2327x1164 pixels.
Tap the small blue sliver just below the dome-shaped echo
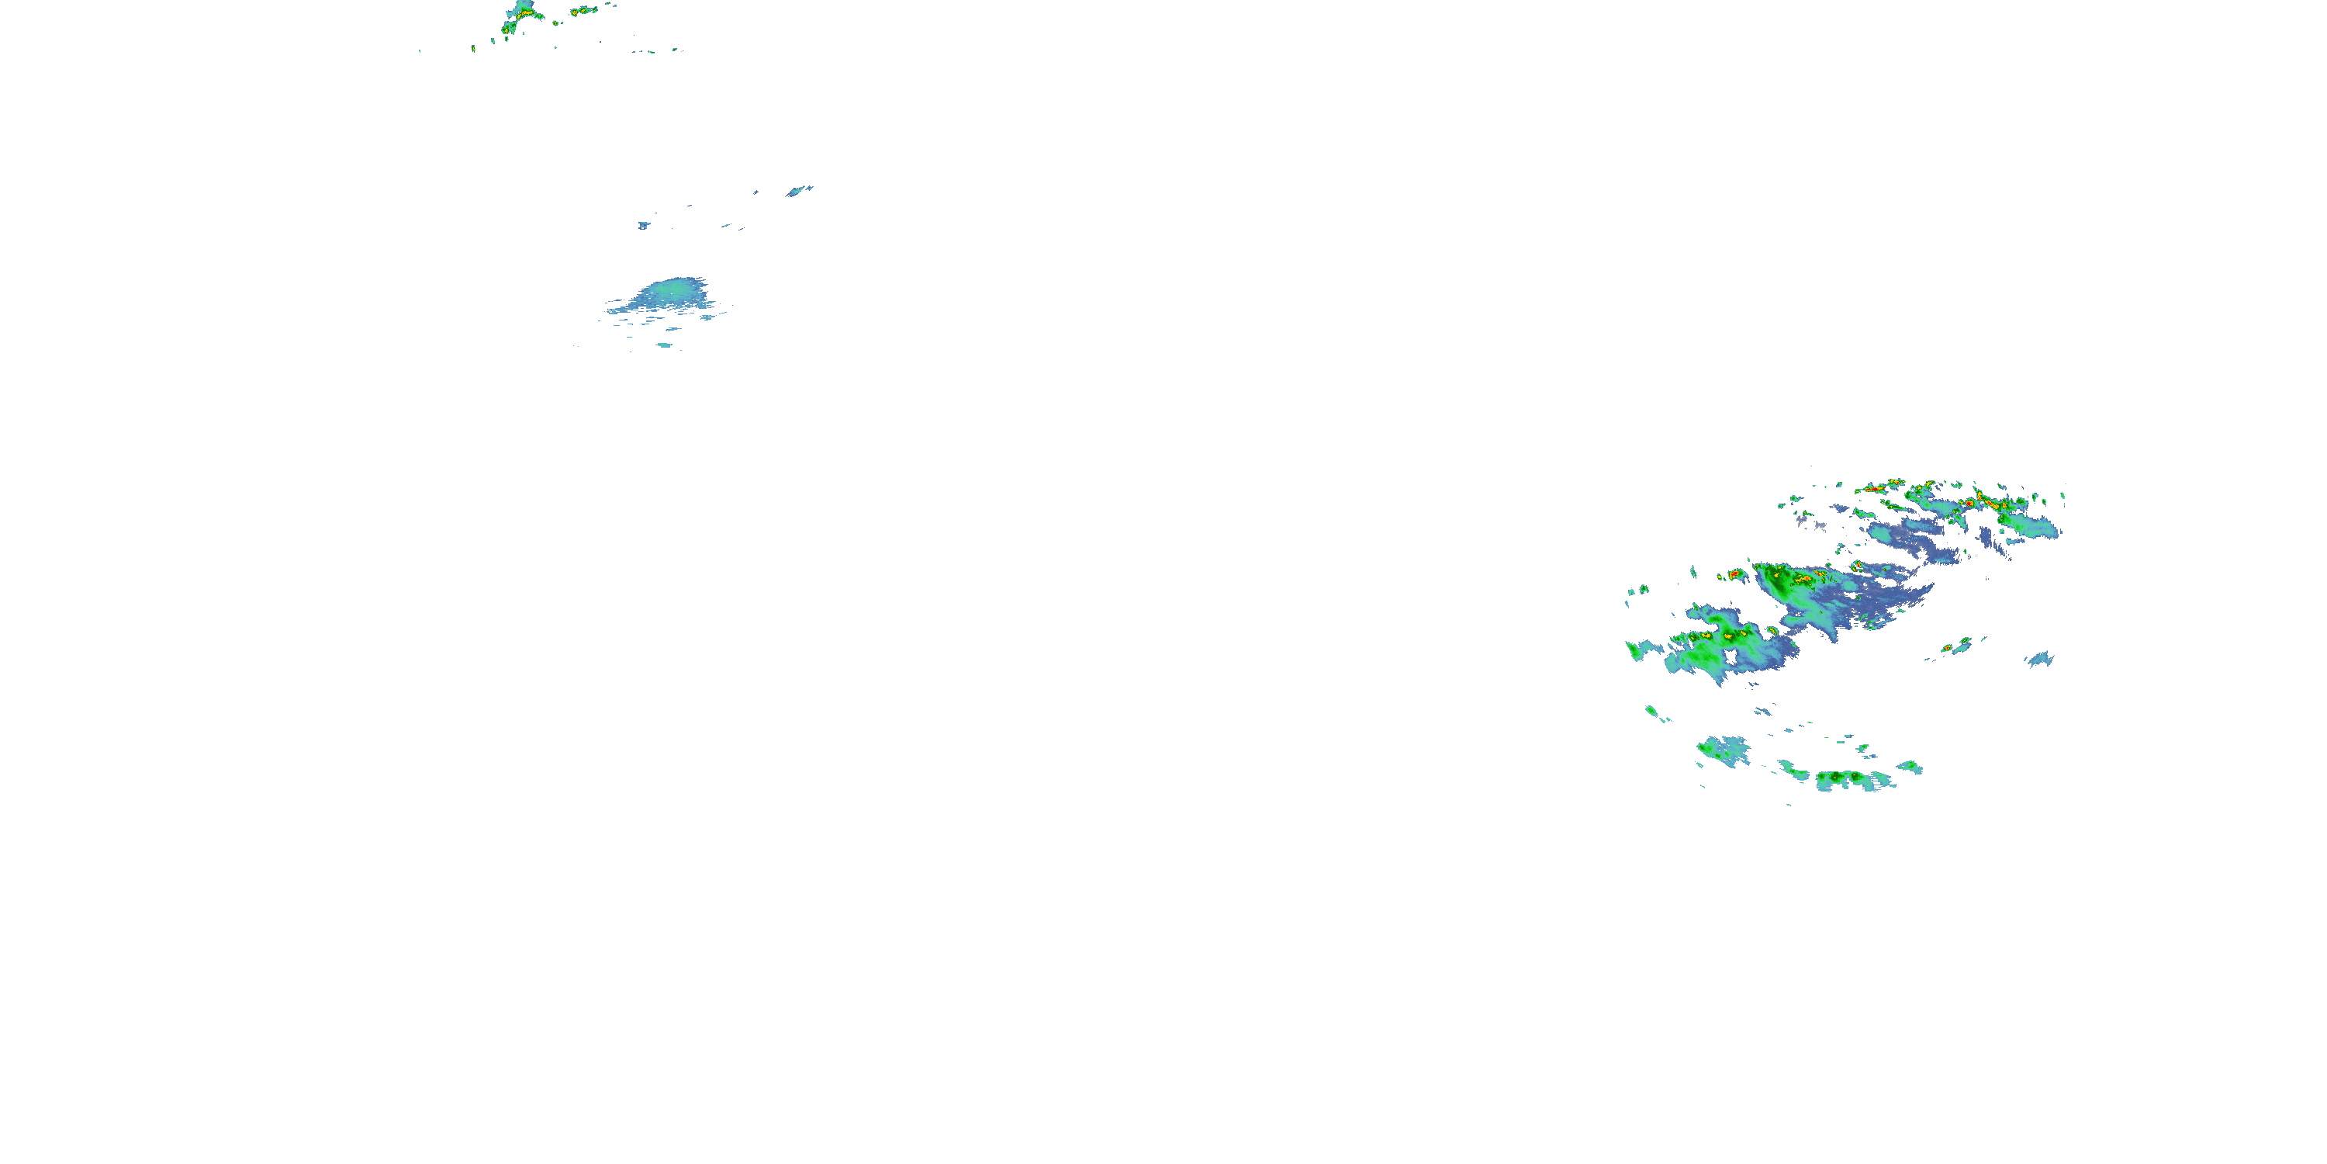(x=664, y=345)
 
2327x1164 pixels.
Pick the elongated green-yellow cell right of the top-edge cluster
(x=583, y=11)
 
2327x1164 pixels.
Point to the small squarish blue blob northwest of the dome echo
(x=643, y=225)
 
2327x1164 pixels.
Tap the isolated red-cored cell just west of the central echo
(x=1734, y=574)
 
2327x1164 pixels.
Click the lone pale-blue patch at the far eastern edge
(x=2041, y=659)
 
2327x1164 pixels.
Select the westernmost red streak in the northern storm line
(x=1869, y=489)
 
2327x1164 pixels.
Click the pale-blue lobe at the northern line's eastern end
(x=2037, y=528)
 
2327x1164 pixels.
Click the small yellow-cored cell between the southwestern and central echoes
(x=1773, y=628)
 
